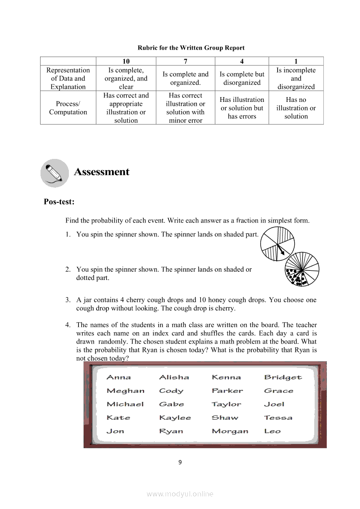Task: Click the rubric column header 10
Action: pyautogui.click(x=126, y=61)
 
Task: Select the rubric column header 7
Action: pyautogui.click(x=186, y=61)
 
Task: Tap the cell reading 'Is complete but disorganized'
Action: pyautogui.click(x=242, y=78)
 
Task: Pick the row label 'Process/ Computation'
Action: pyautogui.click(x=68, y=108)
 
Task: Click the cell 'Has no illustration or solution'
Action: pyautogui.click(x=296, y=108)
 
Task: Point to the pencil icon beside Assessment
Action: pyautogui.click(x=54, y=173)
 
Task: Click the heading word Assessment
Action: pyautogui.click(x=102, y=172)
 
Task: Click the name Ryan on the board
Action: pyautogui.click(x=171, y=431)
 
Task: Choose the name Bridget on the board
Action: pyautogui.click(x=283, y=378)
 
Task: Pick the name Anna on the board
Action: pyautogui.click(x=119, y=378)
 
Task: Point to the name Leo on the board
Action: pyautogui.click(x=272, y=431)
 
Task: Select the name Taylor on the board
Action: pyautogui.click(x=226, y=404)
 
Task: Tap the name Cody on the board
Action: pyautogui.click(x=171, y=391)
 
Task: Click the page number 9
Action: pyautogui.click(x=180, y=462)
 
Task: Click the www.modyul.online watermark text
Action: pyautogui.click(x=180, y=494)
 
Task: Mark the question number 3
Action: pyautogui.click(x=68, y=300)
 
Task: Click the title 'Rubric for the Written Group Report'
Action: pyautogui.click(x=191, y=48)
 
